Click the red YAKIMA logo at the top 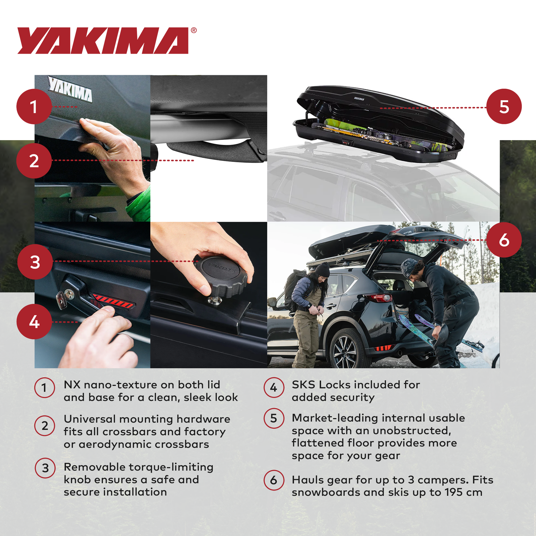pyautogui.click(x=103, y=40)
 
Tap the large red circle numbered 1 pyautogui.click(x=34, y=107)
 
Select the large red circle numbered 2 pyautogui.click(x=34, y=161)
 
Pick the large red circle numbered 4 pyautogui.click(x=34, y=321)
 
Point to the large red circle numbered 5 pyautogui.click(x=504, y=107)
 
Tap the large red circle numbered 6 pyautogui.click(x=504, y=240)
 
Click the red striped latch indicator pyautogui.click(x=113, y=301)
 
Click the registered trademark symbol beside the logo pyautogui.click(x=194, y=30)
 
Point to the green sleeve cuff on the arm pyautogui.click(x=139, y=204)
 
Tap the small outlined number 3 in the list pyautogui.click(x=45, y=468)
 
